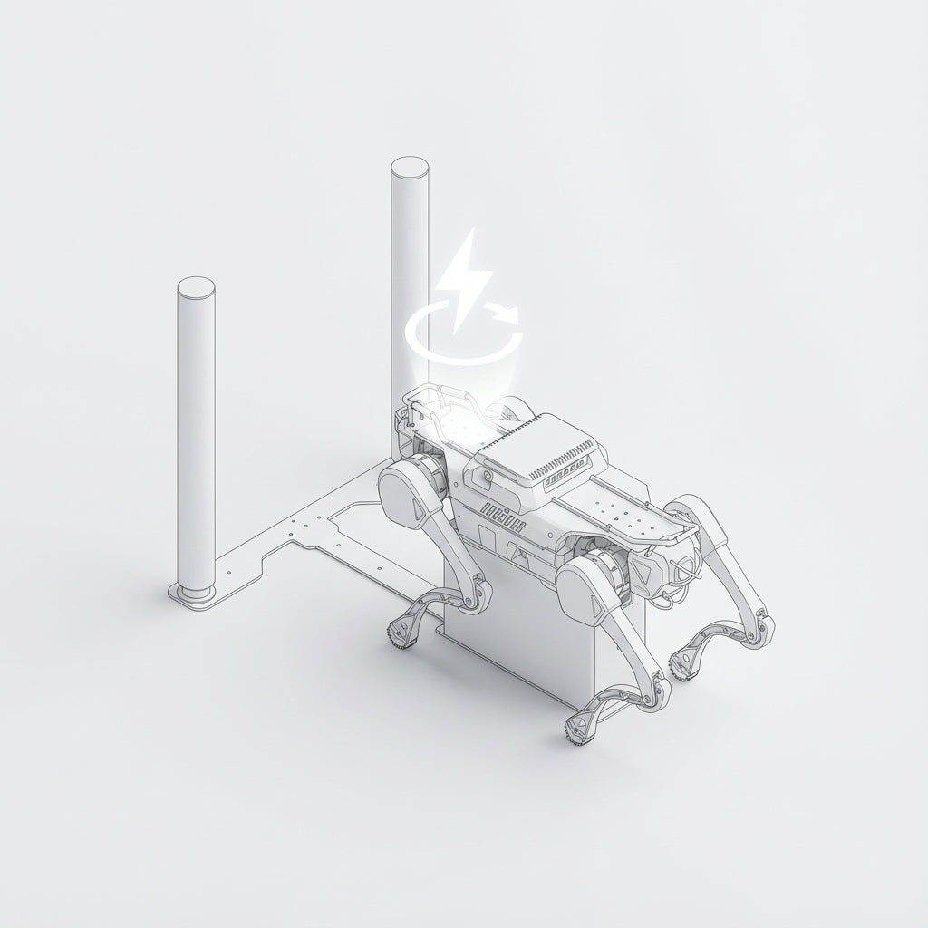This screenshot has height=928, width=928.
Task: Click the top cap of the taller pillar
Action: [x=410, y=169]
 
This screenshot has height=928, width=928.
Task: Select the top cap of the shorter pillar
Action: [x=196, y=289]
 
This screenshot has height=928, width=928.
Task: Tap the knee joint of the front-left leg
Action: [x=654, y=698]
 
